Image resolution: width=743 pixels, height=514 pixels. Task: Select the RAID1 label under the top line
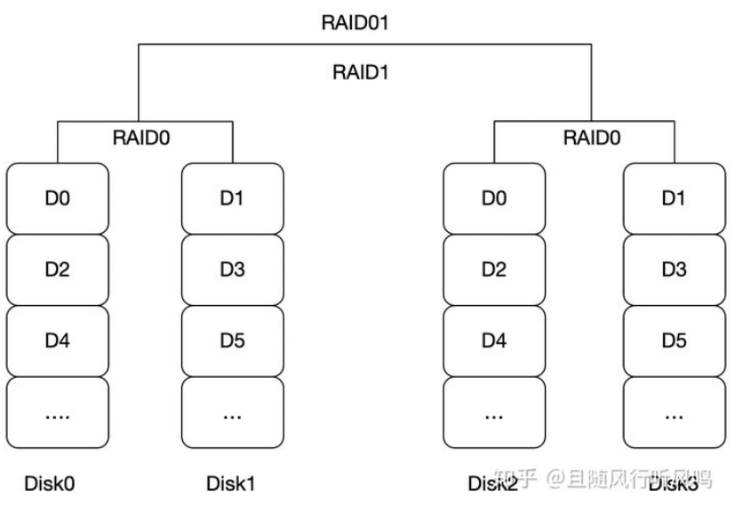362,73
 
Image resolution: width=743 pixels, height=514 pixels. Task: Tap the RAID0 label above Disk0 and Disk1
143,138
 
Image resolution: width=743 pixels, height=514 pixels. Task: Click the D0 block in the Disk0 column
57,197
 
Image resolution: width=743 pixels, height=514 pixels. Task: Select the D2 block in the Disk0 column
57,269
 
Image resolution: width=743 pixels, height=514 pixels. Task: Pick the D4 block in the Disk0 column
57,341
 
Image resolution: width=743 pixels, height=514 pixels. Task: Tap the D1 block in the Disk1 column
232,197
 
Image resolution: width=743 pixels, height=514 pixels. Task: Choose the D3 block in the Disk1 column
232,269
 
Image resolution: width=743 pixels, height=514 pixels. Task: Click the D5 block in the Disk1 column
232,341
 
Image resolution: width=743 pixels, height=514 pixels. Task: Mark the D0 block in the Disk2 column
494,197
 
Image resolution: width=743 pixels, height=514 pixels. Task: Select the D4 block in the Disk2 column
494,341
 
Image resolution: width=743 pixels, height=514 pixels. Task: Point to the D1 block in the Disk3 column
673,197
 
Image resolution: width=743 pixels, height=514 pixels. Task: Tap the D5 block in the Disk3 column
673,341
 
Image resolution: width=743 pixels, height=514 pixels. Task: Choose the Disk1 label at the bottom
230,484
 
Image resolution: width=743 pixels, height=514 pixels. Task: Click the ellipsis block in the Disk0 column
57,414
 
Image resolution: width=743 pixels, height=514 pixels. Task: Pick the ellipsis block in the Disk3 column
673,414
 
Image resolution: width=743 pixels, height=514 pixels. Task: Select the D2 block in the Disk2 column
494,269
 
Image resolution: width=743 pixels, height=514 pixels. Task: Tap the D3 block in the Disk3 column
673,269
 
